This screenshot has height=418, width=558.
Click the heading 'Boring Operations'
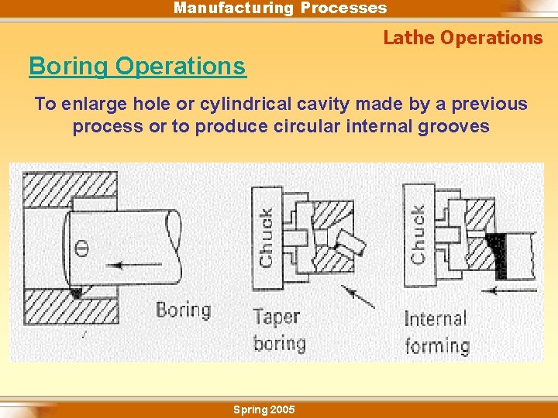(x=137, y=67)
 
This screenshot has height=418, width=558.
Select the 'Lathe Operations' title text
(x=463, y=37)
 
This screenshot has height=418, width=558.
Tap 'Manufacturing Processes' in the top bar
(x=280, y=9)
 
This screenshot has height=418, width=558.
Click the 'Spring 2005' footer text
(x=263, y=409)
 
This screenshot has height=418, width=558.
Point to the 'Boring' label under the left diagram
(x=183, y=310)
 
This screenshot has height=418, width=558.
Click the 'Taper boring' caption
(x=279, y=330)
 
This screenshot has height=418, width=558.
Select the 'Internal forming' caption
(x=436, y=332)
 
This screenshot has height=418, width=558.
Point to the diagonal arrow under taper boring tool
(x=357, y=296)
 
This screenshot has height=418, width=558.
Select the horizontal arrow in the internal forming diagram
(x=508, y=290)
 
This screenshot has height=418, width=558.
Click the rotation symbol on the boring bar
(x=82, y=248)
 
